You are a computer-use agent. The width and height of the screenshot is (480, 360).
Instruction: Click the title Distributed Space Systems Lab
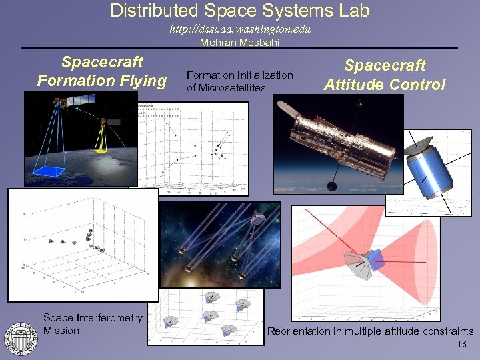click(240, 11)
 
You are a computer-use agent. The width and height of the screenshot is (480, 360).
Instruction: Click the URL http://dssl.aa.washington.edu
click(240, 30)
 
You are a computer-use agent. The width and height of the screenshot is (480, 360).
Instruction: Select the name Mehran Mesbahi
click(240, 43)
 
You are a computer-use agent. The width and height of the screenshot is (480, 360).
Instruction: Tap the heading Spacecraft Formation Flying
click(102, 71)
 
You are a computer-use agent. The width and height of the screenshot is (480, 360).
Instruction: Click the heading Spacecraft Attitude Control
click(385, 75)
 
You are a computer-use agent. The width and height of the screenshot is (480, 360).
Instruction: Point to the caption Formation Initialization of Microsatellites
click(239, 81)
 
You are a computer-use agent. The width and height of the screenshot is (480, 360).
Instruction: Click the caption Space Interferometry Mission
click(93, 324)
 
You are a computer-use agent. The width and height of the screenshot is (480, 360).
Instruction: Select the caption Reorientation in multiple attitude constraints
click(370, 331)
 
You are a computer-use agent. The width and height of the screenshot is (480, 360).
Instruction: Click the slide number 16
click(463, 345)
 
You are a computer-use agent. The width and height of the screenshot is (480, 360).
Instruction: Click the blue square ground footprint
click(54, 171)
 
